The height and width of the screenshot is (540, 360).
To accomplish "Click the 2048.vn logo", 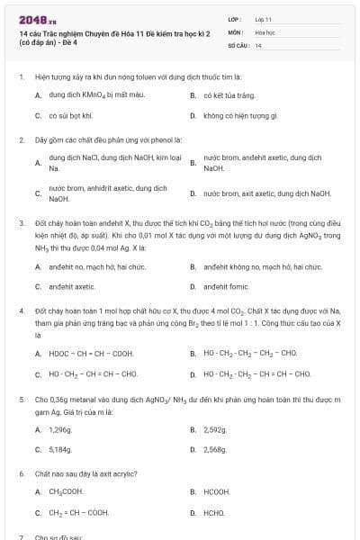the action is [31, 19].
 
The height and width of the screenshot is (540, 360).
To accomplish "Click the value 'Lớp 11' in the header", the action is [263, 18].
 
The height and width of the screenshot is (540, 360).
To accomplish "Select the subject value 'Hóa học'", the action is [265, 31].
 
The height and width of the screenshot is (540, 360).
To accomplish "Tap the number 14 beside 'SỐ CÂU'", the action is [258, 44].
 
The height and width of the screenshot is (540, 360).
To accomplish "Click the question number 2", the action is [21, 140].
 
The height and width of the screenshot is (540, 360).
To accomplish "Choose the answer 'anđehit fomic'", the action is [226, 286].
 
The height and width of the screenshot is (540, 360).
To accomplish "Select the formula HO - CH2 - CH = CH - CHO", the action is [93, 373].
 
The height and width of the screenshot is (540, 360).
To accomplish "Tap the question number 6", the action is [21, 472].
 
